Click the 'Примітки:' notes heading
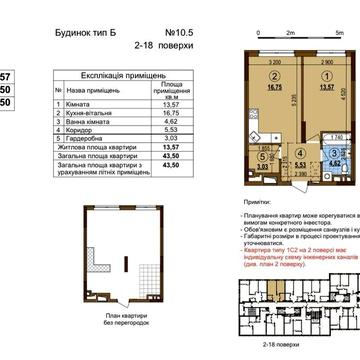click(x=256, y=202)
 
